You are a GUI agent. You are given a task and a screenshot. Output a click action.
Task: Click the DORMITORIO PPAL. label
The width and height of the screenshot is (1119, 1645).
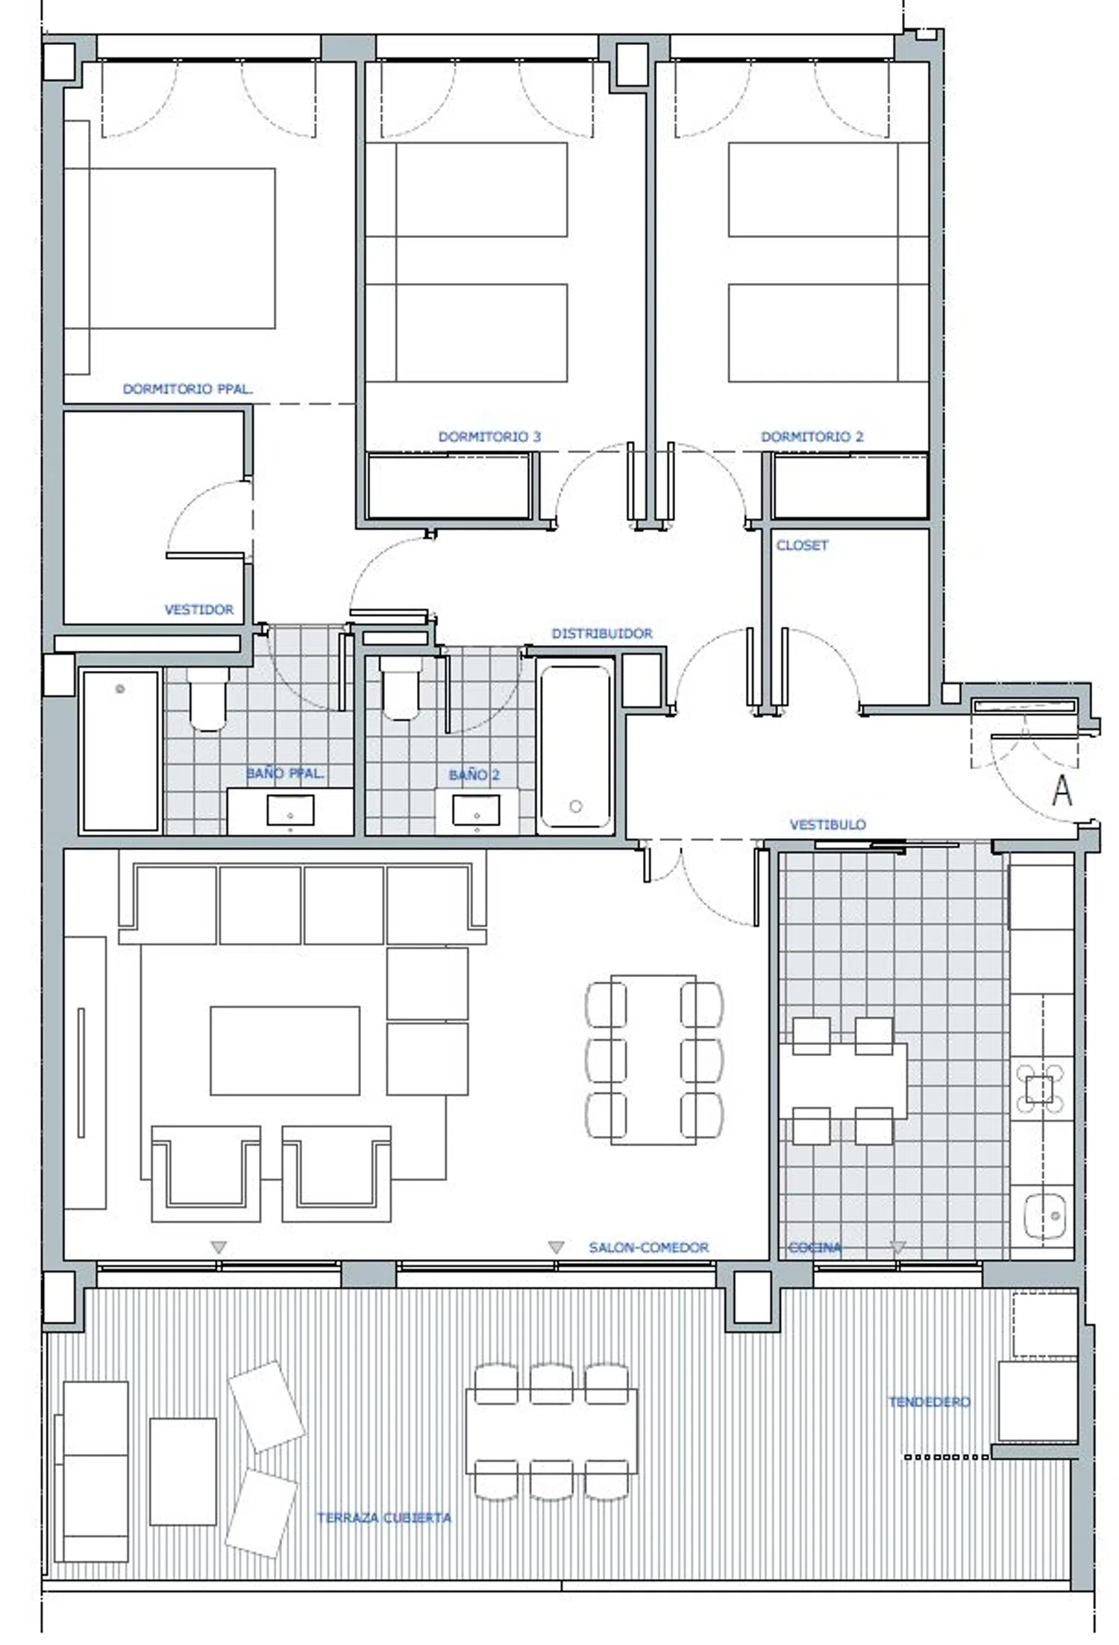[187, 389]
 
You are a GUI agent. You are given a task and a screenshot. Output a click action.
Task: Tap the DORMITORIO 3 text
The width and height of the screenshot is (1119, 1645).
[489, 437]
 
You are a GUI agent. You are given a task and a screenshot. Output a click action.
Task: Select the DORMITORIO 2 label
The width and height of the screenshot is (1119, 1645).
[812, 437]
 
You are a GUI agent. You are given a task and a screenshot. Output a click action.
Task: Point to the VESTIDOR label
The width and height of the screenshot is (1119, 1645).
[198, 610]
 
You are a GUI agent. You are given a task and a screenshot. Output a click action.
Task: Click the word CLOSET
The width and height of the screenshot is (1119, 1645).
[802, 546]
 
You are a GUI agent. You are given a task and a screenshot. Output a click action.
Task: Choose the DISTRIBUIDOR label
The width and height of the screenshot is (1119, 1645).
[602, 634]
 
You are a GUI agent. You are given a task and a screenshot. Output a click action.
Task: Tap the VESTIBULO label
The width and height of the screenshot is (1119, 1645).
[827, 825]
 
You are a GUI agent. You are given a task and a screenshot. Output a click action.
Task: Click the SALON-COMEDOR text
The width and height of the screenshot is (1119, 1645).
[648, 1247]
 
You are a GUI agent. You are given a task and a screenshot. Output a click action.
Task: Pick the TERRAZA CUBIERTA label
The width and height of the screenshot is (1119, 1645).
[383, 1517]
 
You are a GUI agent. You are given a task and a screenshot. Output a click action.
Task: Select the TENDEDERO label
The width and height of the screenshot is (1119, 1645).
[929, 1402]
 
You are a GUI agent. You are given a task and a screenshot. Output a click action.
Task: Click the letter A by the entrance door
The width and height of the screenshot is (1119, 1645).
[1062, 791]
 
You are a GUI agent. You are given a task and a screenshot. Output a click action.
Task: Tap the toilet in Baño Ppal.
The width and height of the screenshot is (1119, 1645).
[207, 699]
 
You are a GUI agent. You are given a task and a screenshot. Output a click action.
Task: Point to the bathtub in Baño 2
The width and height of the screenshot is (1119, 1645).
[575, 746]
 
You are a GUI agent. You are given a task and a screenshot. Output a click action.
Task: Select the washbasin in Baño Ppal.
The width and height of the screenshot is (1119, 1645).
[290, 810]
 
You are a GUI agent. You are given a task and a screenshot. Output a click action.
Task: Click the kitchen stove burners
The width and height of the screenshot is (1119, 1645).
[1039, 1090]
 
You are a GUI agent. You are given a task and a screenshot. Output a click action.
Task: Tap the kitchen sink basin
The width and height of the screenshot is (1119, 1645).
[1044, 1216]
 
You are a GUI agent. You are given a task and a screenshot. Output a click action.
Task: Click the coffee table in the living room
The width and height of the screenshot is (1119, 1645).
[285, 1051]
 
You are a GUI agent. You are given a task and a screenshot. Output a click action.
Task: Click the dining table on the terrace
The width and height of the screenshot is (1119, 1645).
[551, 1431]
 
